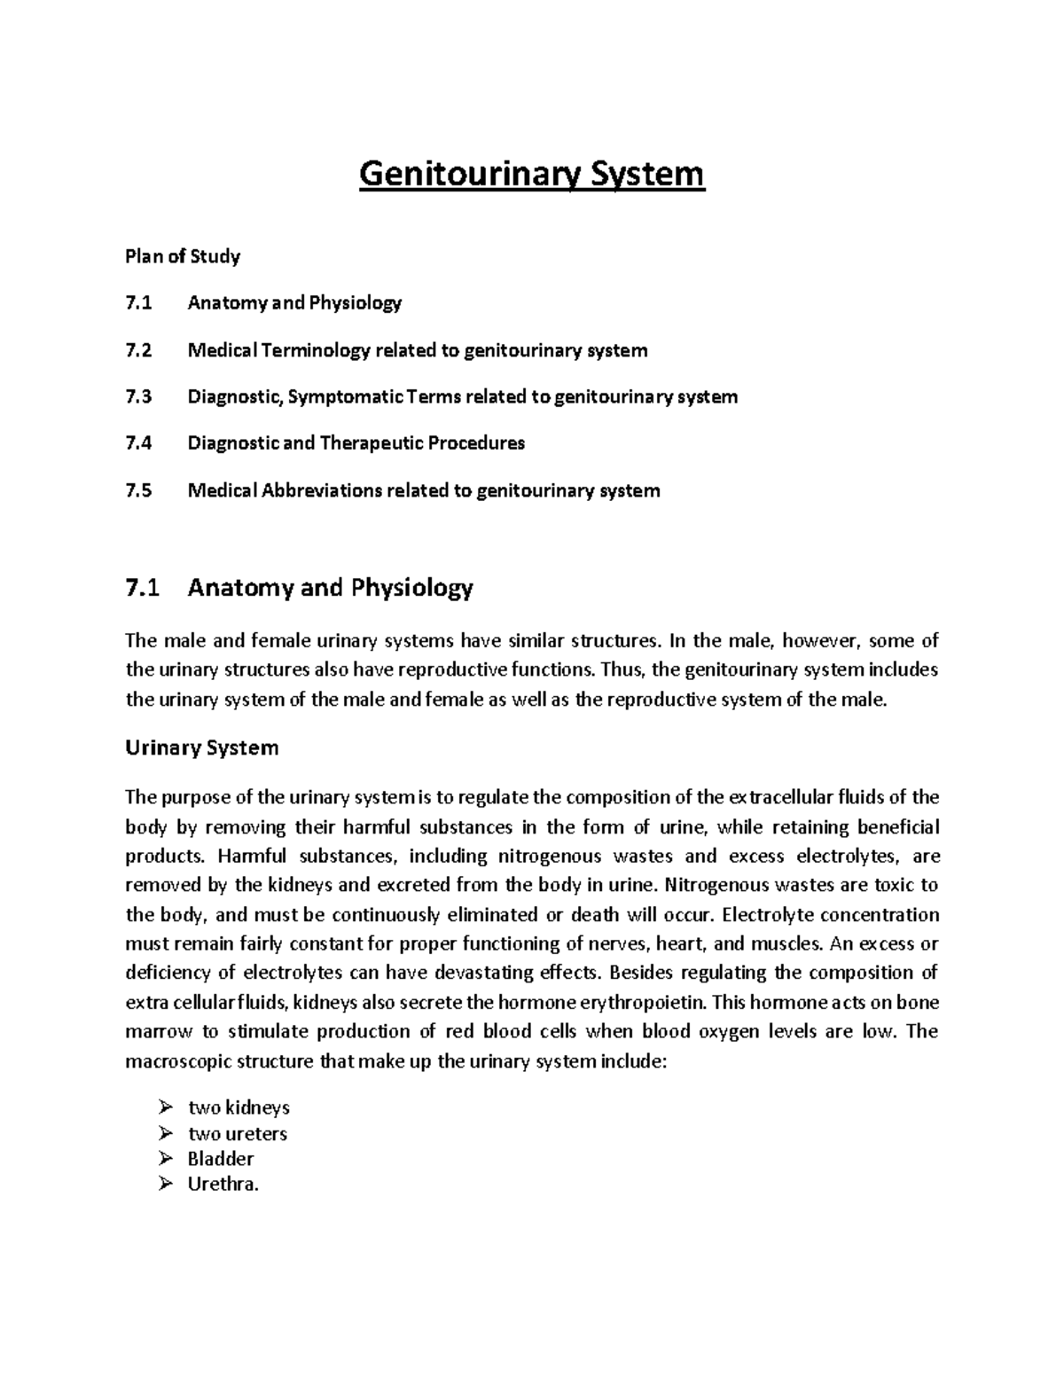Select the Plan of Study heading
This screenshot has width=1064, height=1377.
183,256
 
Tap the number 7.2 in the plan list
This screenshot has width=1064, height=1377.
138,350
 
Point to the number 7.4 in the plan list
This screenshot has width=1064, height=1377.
138,442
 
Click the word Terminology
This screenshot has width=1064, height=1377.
316,350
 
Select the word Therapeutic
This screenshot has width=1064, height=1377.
372,442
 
